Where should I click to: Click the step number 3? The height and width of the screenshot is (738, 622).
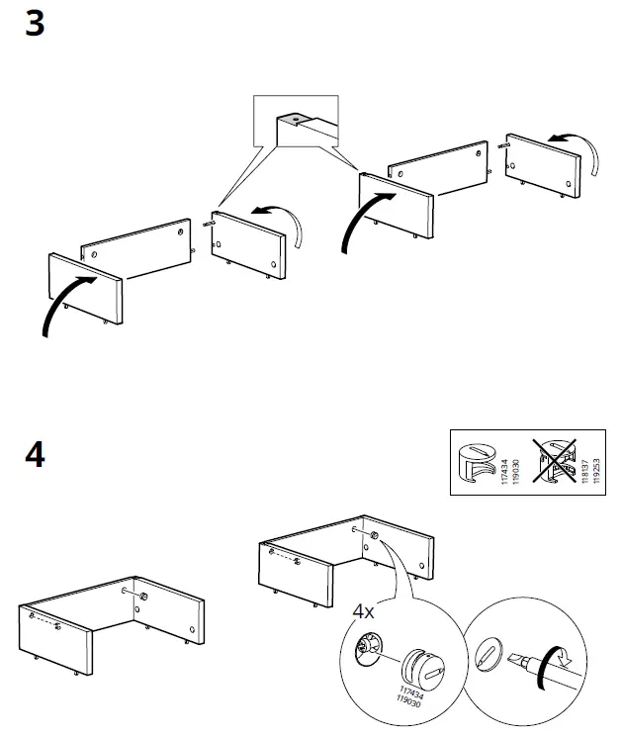[x=35, y=24]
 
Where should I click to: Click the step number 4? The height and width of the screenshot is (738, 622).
[x=35, y=457]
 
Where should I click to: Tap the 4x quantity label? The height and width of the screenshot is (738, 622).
[x=364, y=611]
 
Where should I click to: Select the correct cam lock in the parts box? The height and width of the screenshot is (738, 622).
[x=478, y=462]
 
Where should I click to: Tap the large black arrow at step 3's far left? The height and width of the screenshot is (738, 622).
[x=65, y=306]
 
